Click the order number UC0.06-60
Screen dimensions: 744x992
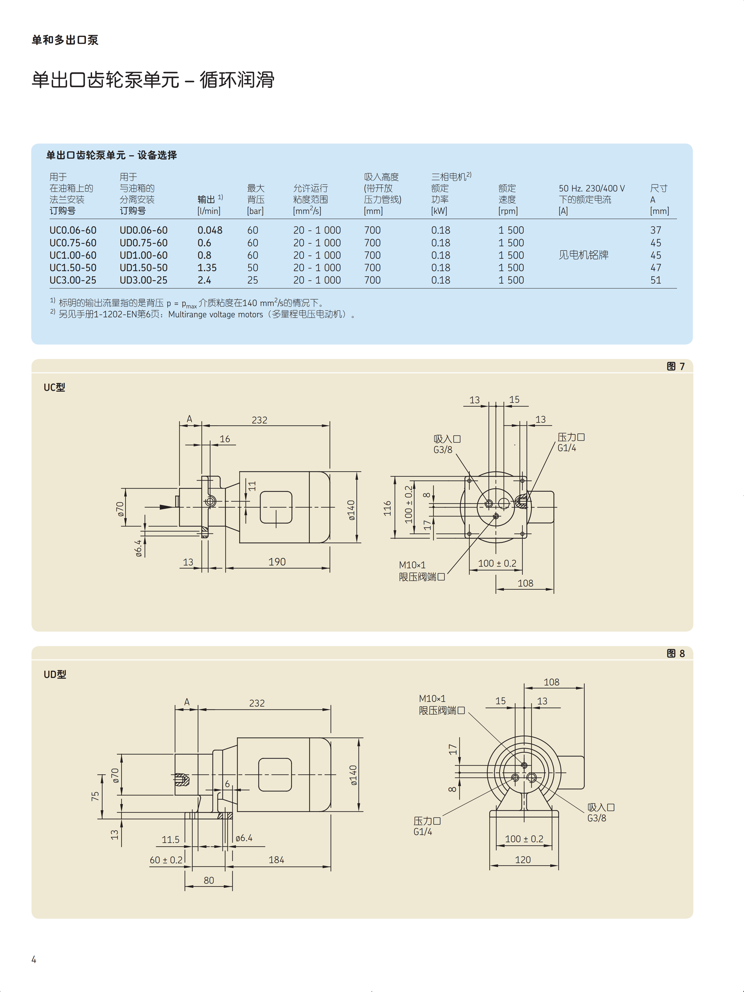tap(73, 230)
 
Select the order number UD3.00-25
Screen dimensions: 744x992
tap(143, 280)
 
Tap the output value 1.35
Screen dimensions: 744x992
tap(207, 268)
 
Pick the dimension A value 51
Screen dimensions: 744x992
tap(656, 280)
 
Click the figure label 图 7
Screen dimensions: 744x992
tap(675, 366)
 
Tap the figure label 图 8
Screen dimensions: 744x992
tap(675, 653)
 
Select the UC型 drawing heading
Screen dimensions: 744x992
tap(54, 387)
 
